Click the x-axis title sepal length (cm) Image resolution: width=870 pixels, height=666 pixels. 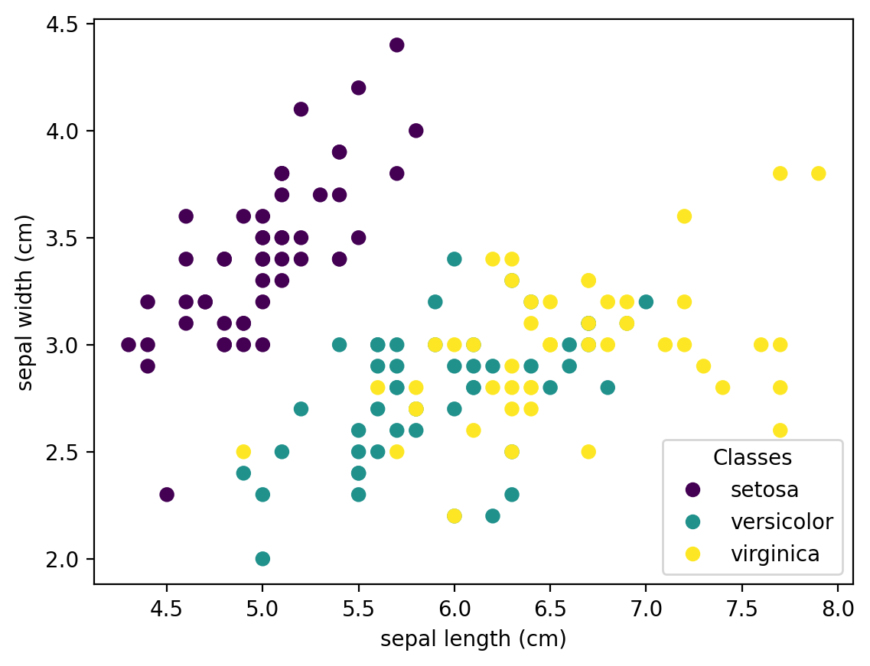(x=473, y=639)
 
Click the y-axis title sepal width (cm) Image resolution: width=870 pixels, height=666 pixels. (x=26, y=304)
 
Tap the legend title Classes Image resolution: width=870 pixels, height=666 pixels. (x=751, y=458)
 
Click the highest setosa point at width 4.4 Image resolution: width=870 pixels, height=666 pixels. (x=396, y=45)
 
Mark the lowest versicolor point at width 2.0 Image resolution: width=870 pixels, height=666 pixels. (x=262, y=559)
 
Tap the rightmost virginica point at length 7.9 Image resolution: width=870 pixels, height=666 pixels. (x=818, y=174)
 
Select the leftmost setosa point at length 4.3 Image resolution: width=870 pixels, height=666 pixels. (x=129, y=345)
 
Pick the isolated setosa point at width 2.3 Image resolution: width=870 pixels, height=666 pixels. (x=167, y=495)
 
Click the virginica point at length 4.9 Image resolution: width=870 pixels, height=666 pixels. (x=243, y=452)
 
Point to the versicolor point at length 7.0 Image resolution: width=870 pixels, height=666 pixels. (x=646, y=302)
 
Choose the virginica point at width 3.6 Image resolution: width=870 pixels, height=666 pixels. (x=684, y=216)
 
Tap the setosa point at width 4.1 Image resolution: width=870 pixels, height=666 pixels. (x=301, y=109)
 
